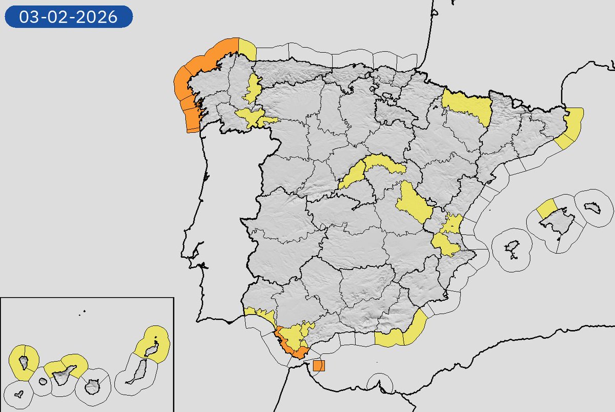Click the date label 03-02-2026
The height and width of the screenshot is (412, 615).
coord(69,17)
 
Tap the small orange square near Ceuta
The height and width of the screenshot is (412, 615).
coord(318,365)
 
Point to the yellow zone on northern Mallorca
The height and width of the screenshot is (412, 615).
coord(546,209)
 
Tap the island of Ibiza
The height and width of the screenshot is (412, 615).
coord(511,251)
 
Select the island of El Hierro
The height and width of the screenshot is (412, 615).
coord(19,395)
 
